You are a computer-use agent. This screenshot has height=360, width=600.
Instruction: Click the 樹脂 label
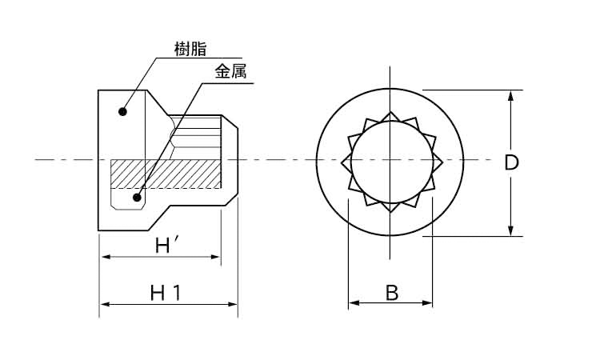(x=190, y=50)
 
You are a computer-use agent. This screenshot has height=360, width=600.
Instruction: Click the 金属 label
(x=230, y=71)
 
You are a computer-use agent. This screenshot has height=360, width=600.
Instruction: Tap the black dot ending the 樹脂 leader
(x=122, y=112)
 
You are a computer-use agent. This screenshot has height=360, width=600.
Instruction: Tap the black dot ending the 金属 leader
(x=137, y=198)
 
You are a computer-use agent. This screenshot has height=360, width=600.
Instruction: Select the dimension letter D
(x=511, y=163)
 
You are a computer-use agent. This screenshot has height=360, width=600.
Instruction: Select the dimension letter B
(x=391, y=293)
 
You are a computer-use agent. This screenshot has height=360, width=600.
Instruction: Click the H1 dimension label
(x=166, y=293)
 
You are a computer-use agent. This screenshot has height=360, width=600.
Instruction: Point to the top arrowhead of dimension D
(x=510, y=96)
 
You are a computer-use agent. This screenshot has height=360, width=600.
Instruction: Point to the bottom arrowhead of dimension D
(x=510, y=230)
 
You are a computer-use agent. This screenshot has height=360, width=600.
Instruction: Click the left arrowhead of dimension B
(x=354, y=303)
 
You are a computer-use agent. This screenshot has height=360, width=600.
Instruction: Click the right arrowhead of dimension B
(x=427, y=303)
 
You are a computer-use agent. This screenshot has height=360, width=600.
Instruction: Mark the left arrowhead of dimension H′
(x=106, y=257)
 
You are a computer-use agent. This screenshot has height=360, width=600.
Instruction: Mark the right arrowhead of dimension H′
(x=215, y=257)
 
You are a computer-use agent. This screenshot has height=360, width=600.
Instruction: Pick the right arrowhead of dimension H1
(x=232, y=305)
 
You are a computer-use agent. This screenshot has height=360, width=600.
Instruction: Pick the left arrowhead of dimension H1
(x=106, y=305)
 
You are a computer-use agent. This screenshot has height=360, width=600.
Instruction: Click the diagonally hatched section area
(x=166, y=174)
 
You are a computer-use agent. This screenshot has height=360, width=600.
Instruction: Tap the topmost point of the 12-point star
(x=390, y=113)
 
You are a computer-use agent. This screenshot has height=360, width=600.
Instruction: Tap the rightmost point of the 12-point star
(x=442, y=162)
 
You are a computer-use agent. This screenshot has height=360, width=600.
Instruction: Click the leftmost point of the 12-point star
(x=342, y=162)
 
